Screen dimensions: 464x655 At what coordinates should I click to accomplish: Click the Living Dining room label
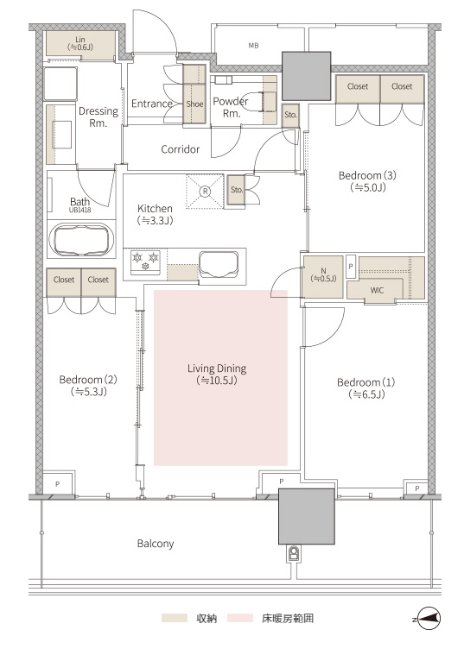pyautogui.click(x=217, y=374)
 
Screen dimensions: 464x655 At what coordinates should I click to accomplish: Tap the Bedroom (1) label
pyautogui.click(x=365, y=388)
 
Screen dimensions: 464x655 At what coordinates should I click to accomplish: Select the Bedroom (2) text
pyautogui.click(x=88, y=386)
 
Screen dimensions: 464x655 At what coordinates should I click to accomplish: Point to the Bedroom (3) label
pyautogui.click(x=367, y=181)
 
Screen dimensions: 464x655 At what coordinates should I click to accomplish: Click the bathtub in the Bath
pyautogui.click(x=81, y=239)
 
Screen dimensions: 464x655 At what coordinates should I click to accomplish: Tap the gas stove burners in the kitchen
pyautogui.click(x=146, y=262)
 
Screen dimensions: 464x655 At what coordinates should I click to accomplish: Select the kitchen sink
pyautogui.click(x=219, y=264)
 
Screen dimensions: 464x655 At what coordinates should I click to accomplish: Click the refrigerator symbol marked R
pyautogui.click(x=205, y=192)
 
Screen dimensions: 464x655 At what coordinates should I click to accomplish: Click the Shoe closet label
pyautogui.click(x=194, y=104)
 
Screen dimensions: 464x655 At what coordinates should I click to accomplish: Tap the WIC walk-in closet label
pyautogui.click(x=377, y=290)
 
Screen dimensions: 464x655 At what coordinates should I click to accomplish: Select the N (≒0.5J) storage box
pyautogui.click(x=323, y=275)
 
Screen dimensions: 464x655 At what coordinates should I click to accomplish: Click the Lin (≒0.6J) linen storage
pyautogui.click(x=80, y=43)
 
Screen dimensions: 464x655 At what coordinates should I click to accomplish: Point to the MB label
pyautogui.click(x=253, y=46)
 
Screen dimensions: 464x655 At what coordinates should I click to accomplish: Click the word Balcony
pyautogui.click(x=156, y=544)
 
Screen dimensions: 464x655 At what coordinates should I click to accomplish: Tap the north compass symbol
pyautogui.click(x=427, y=618)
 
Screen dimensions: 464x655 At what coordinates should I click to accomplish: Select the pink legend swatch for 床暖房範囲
pyautogui.click(x=240, y=618)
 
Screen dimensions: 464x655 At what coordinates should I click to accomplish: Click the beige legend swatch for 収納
pyautogui.click(x=175, y=618)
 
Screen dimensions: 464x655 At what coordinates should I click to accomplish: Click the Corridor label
pyautogui.click(x=181, y=149)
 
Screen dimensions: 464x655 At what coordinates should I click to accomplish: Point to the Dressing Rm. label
pyautogui.click(x=99, y=117)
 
